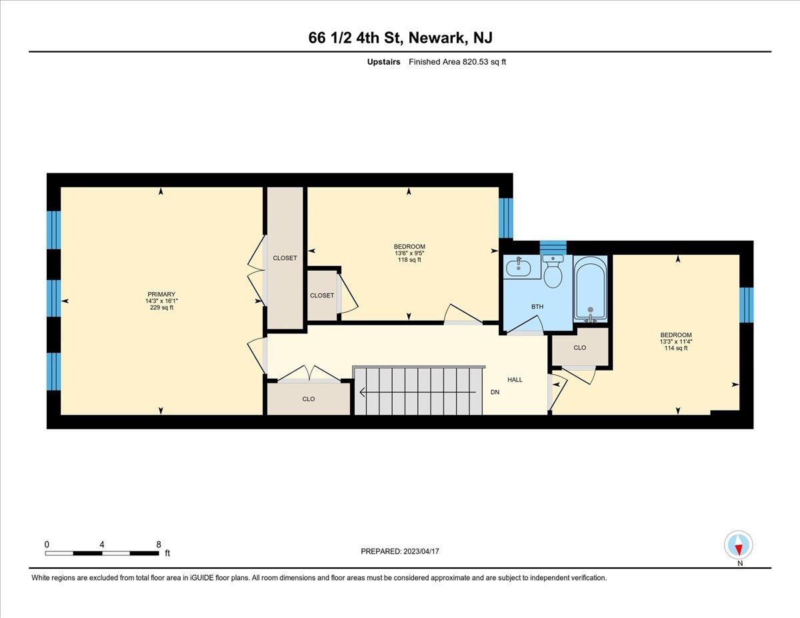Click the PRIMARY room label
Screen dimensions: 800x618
pyautogui.click(x=161, y=294)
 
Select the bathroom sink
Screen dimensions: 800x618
pyautogui.click(x=519, y=267)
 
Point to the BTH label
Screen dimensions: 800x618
pyautogui.click(x=537, y=306)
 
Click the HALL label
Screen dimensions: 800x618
pyautogui.click(x=515, y=379)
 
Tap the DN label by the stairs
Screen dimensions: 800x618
pyautogui.click(x=495, y=392)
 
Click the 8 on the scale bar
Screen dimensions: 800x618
pyautogui.click(x=159, y=545)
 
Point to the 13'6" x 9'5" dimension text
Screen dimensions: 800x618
pyautogui.click(x=409, y=253)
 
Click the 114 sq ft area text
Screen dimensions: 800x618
pyautogui.click(x=676, y=348)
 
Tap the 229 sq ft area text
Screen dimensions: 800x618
pyautogui.click(x=161, y=307)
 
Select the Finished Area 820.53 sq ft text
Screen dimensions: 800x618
pyautogui.click(x=457, y=62)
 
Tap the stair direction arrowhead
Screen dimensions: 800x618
pyautogui.click(x=362, y=393)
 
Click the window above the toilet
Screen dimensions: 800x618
pyautogui.click(x=553, y=247)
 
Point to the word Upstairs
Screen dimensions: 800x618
pyautogui.click(x=383, y=62)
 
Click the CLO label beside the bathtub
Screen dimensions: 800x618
pyautogui.click(x=579, y=347)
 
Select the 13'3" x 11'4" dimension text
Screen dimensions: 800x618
pyautogui.click(x=676, y=341)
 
